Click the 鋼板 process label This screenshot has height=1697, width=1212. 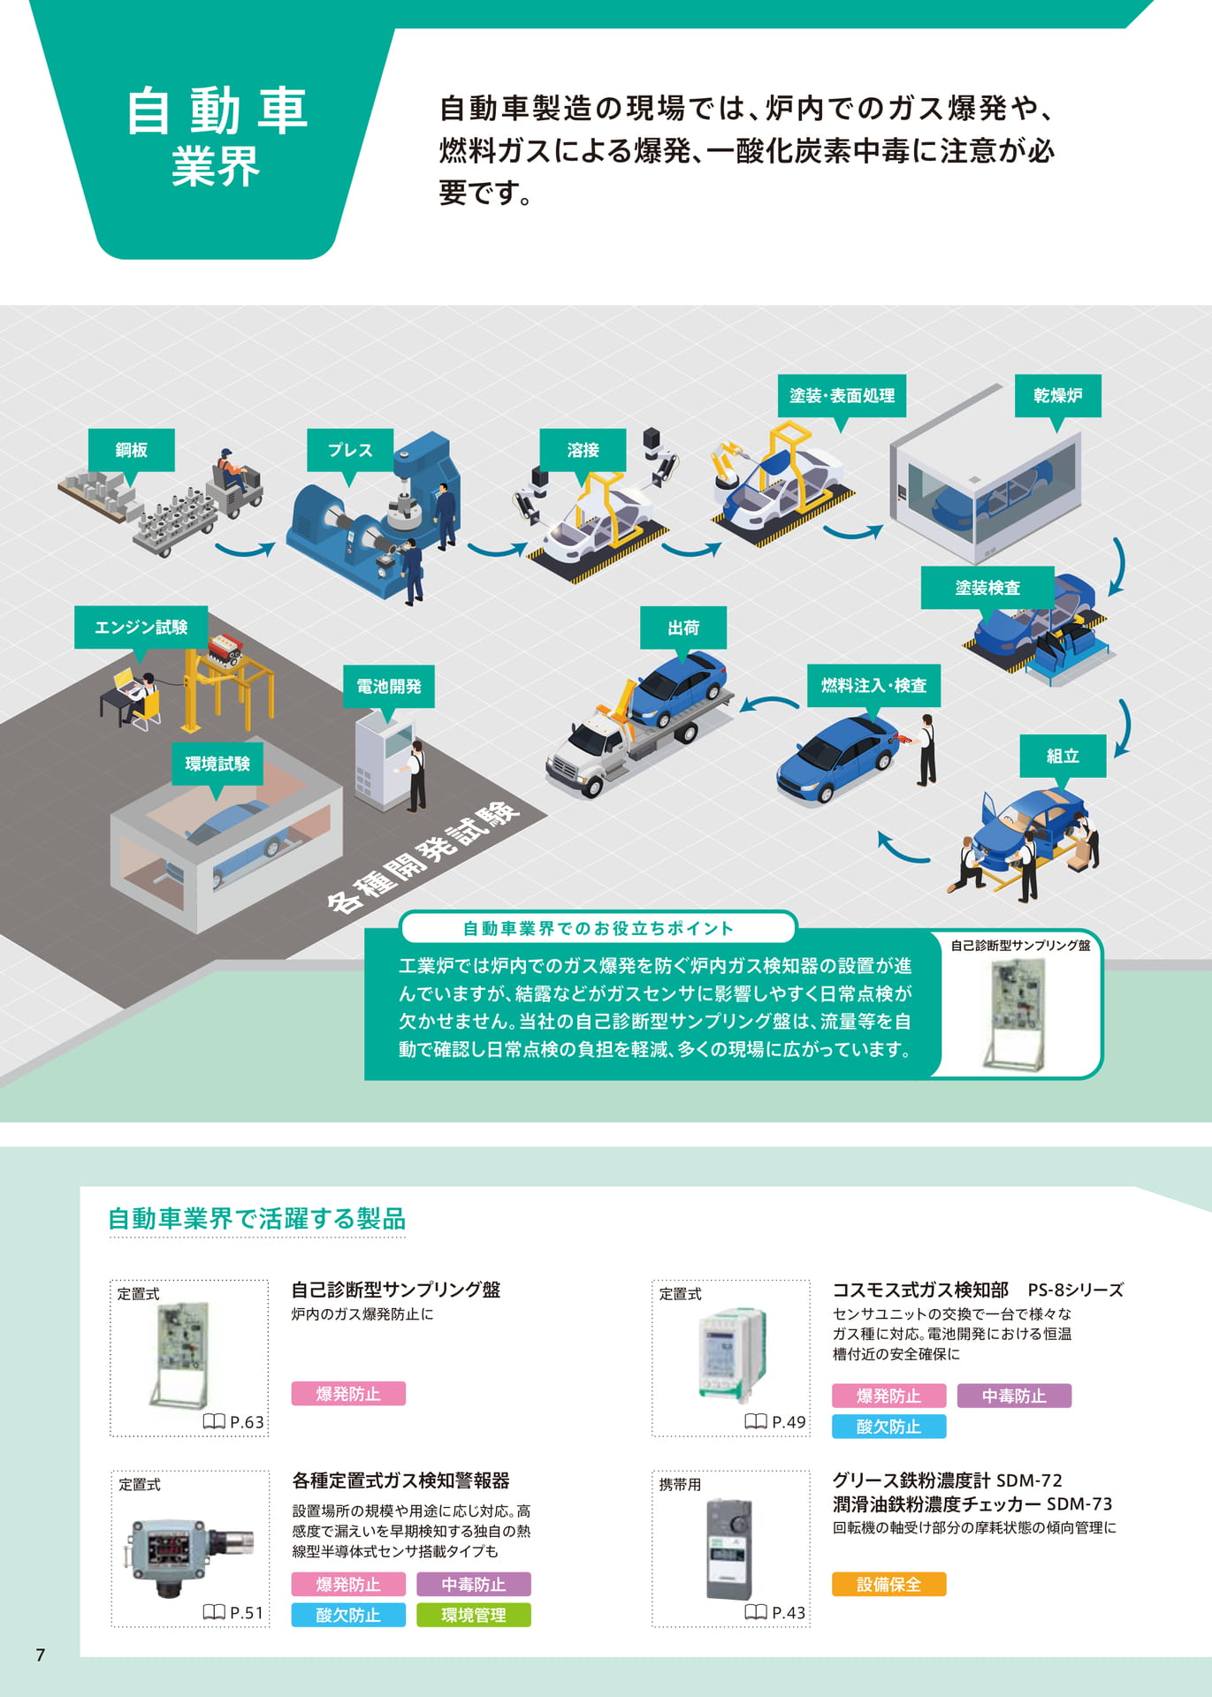coord(131,450)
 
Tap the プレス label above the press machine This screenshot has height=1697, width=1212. coord(350,450)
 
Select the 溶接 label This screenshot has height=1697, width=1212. coord(583,450)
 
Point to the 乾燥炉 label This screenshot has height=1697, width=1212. coord(1058,395)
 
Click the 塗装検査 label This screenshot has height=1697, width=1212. coord(987,588)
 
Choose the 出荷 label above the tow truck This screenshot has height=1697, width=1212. coord(683,628)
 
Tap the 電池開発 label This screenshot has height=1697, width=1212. coord(389,686)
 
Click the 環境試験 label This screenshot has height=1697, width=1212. coord(217,764)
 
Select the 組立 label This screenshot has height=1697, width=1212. coord(1063,756)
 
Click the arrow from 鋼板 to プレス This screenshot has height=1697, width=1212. coord(245,551)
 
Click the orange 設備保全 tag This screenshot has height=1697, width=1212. coord(888,1585)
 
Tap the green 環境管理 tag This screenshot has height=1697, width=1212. coord(474,1615)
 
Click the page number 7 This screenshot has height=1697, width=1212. coord(40,1655)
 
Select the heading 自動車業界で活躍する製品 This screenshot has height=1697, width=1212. coord(256,1219)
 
